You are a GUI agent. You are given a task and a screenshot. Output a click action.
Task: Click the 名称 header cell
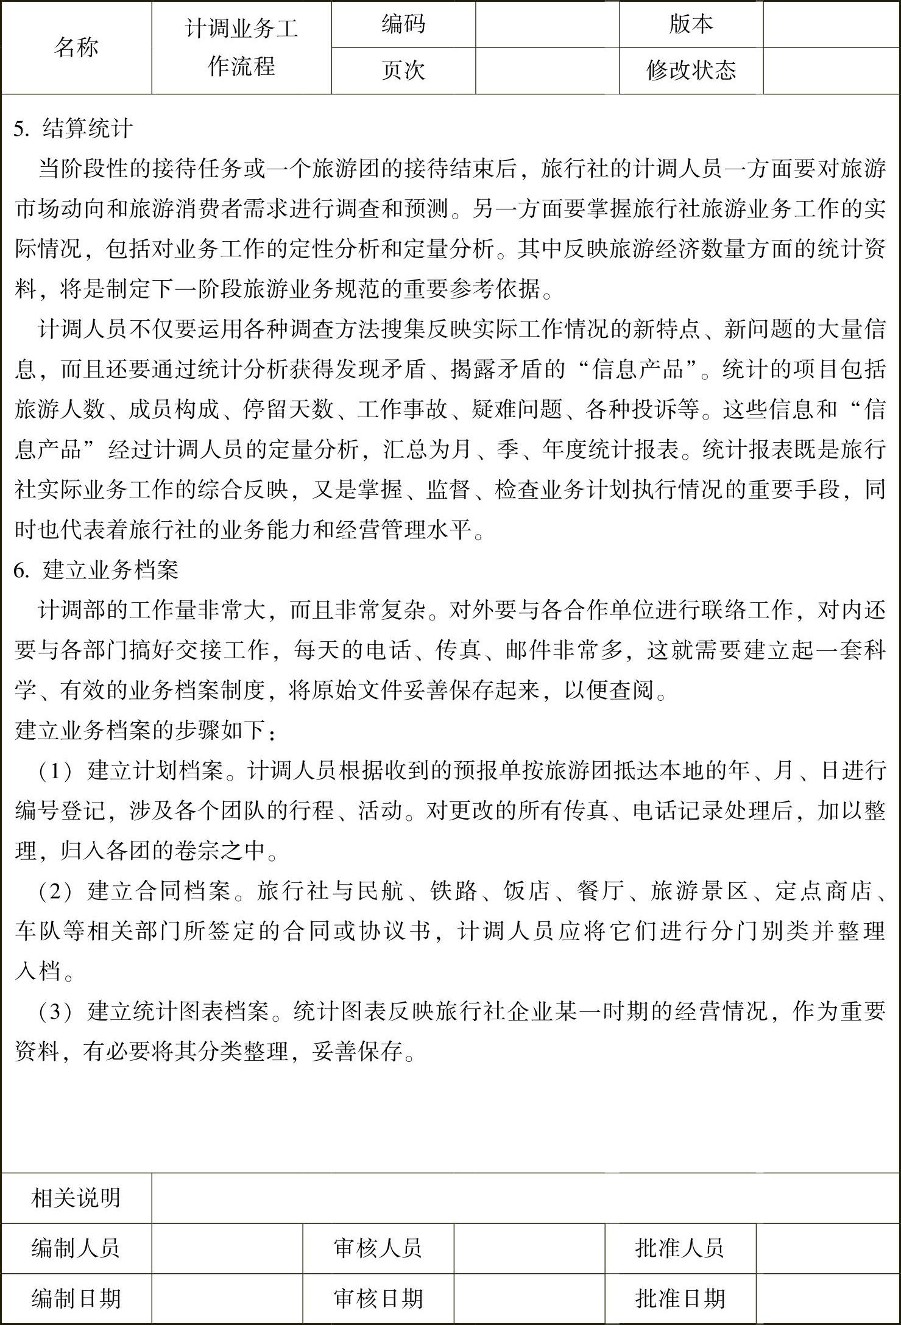[x=76, y=47]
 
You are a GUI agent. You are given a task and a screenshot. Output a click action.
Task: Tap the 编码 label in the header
[x=403, y=24]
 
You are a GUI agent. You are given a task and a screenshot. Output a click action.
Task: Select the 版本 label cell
[x=691, y=24]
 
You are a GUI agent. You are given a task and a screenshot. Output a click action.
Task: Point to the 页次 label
[x=403, y=71]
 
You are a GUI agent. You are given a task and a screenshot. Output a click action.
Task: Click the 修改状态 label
[x=691, y=71]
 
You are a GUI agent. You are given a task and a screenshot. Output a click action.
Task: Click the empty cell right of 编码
[x=547, y=24]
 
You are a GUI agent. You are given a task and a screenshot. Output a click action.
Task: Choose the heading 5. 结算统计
[x=73, y=128]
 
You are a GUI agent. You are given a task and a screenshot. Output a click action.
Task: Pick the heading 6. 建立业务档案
[x=96, y=570]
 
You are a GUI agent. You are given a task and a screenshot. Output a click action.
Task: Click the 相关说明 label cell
[x=76, y=1198]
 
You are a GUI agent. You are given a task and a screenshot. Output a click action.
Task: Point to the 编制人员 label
[x=76, y=1248]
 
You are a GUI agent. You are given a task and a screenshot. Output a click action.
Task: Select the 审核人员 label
[x=378, y=1248]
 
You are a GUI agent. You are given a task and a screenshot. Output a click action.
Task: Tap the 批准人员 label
[x=680, y=1248]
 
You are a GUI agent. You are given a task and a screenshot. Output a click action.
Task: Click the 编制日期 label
[x=76, y=1298]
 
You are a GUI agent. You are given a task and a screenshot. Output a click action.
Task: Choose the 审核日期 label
[x=378, y=1298]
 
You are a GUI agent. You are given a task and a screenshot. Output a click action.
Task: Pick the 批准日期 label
[x=680, y=1298]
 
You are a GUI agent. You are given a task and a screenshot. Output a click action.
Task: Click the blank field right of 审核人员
[x=529, y=1248]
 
